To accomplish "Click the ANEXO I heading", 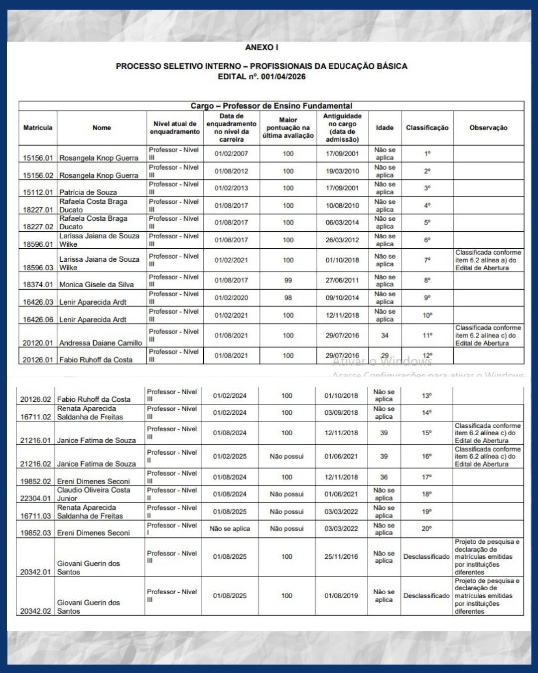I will tap(262, 47).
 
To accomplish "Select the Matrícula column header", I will tap(38, 128).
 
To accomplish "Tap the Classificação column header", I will tap(427, 128).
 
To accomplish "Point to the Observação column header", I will tap(488, 128).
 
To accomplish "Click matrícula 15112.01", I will tap(38, 192).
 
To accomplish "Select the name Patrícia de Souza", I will tap(88, 192).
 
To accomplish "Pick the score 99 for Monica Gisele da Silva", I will tap(288, 280).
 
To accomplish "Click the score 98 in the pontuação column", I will tap(288, 298).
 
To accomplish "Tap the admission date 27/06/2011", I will tap(342, 280).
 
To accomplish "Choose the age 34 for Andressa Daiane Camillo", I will tap(385, 336).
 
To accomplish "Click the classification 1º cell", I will tap(427, 154).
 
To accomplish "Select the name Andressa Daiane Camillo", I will tap(101, 343).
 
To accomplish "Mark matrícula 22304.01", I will tap(35, 498).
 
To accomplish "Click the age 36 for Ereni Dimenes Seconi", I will tap(384, 477).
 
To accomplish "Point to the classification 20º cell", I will tap(426, 528).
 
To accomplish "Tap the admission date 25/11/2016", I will tap(341, 556).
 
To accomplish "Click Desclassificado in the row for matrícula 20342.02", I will tap(426, 596).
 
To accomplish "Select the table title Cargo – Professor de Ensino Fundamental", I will tap(271, 106).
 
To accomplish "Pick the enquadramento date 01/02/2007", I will tap(231, 154).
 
